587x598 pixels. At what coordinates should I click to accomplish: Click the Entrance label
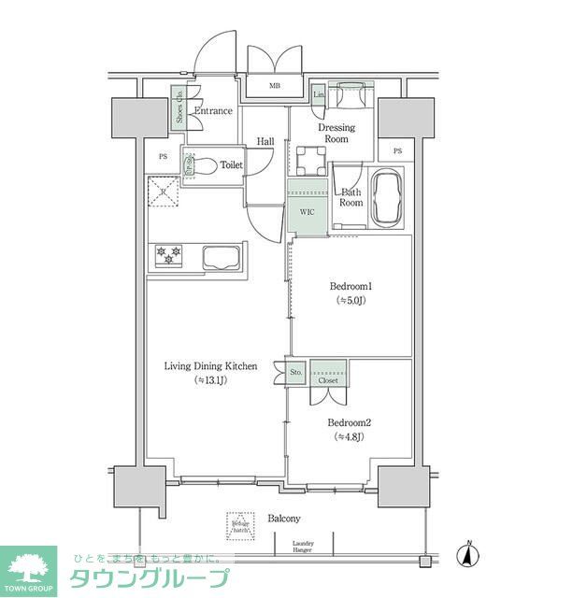click(x=212, y=112)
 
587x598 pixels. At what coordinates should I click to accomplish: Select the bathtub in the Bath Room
click(x=387, y=197)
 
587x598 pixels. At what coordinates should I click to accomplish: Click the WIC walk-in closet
click(x=307, y=212)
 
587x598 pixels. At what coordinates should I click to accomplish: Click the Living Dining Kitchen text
click(x=210, y=366)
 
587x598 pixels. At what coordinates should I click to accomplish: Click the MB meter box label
click(x=275, y=87)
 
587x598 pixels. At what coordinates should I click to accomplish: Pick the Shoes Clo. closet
click(x=178, y=107)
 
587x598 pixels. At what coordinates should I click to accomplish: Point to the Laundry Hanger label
click(x=303, y=547)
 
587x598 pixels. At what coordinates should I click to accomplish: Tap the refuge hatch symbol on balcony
click(x=239, y=527)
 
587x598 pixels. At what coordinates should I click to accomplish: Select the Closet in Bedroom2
click(x=328, y=373)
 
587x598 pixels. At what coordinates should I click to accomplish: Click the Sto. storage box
click(x=296, y=373)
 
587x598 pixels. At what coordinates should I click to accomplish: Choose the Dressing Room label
click(x=336, y=133)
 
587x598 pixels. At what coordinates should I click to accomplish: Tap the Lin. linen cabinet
click(x=318, y=95)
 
